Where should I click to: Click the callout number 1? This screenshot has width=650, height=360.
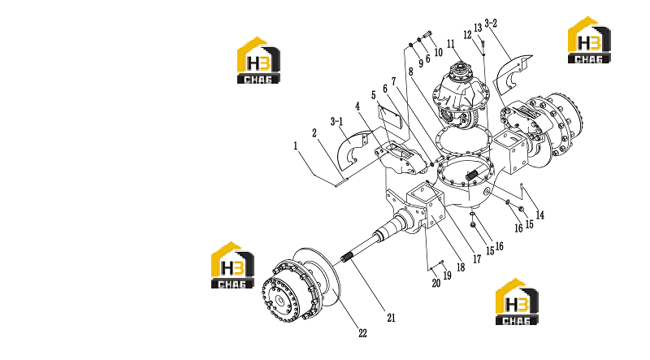[296, 146]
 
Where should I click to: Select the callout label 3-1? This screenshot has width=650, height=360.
[336, 122]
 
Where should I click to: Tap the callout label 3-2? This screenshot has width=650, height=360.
[491, 24]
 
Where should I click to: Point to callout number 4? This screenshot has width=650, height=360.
[357, 106]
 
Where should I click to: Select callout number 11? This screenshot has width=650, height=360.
[451, 44]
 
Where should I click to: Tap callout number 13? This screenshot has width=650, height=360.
[478, 28]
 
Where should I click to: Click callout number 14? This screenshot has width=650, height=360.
[540, 215]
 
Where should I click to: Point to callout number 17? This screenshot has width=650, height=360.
[477, 259]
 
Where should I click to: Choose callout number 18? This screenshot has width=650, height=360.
[461, 267]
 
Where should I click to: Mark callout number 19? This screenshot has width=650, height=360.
[448, 275]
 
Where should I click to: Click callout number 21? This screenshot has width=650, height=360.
[392, 318]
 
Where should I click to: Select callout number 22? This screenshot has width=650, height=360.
[362, 333]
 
